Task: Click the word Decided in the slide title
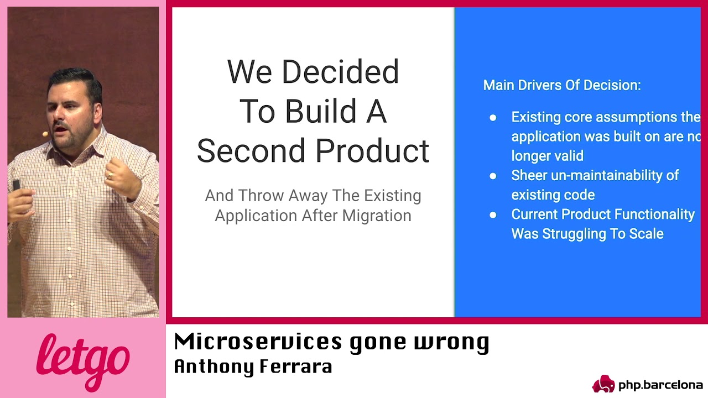pyautogui.click(x=340, y=72)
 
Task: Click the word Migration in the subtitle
pyautogui.click(x=377, y=216)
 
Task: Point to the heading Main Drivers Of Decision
pyautogui.click(x=562, y=85)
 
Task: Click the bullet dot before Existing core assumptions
pyautogui.click(x=493, y=118)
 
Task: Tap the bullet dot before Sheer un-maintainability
pyautogui.click(x=493, y=176)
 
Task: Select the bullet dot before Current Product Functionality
pyautogui.click(x=493, y=215)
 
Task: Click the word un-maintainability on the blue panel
pyautogui.click(x=616, y=176)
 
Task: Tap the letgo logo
pyautogui.click(x=83, y=360)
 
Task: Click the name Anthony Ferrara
pyautogui.click(x=253, y=366)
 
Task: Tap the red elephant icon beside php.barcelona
pyautogui.click(x=603, y=384)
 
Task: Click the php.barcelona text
pyautogui.click(x=660, y=385)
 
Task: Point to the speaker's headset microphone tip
pyautogui.click(x=45, y=134)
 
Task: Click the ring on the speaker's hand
pyautogui.click(x=110, y=176)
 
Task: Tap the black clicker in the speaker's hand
pyautogui.click(x=16, y=185)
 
